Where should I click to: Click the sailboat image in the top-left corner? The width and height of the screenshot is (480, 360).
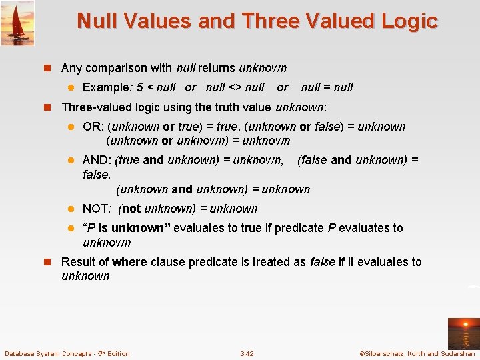point(17,23)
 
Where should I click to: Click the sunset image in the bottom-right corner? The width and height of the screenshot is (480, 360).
point(462,331)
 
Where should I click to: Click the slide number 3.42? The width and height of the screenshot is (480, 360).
point(247,353)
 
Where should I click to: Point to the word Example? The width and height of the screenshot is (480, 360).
point(105,87)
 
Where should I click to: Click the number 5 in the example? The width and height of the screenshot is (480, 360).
point(139,87)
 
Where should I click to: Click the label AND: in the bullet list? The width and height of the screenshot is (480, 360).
point(97,160)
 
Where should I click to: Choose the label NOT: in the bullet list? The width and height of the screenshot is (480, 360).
point(97,209)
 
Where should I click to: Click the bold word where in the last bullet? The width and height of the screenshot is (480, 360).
point(130,262)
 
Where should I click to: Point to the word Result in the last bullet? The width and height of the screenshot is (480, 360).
point(78,262)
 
